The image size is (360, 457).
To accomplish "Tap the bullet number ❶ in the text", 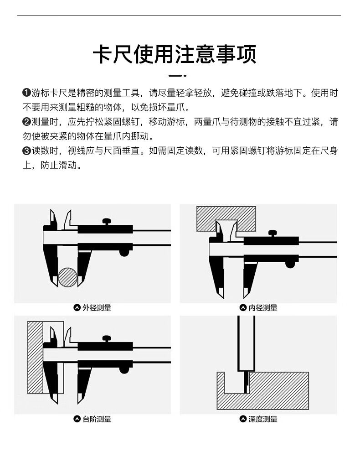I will tap(26, 93).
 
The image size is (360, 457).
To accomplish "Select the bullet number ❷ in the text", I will tap(26, 122).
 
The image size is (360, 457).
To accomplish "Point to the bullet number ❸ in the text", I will tap(26, 151).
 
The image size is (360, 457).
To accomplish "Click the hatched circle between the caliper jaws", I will tap(68, 277).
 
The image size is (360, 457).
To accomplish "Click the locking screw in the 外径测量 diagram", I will tap(107, 222).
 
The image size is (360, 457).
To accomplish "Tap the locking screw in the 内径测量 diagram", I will tap(273, 234).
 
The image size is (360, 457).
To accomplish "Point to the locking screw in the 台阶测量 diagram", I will tap(107, 339).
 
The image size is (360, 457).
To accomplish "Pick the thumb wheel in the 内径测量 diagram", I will tap(289, 264).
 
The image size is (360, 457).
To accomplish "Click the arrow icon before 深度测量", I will tap(243, 419).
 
